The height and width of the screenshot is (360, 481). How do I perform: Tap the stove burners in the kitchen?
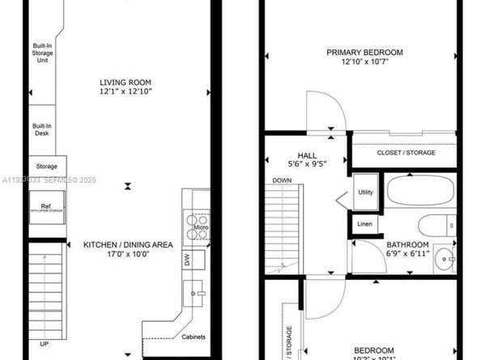194,218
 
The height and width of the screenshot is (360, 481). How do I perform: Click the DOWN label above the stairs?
282,180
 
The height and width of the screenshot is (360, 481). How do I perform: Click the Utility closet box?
364,192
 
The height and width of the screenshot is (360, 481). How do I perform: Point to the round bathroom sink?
441,259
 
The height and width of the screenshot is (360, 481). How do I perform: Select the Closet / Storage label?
406,152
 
